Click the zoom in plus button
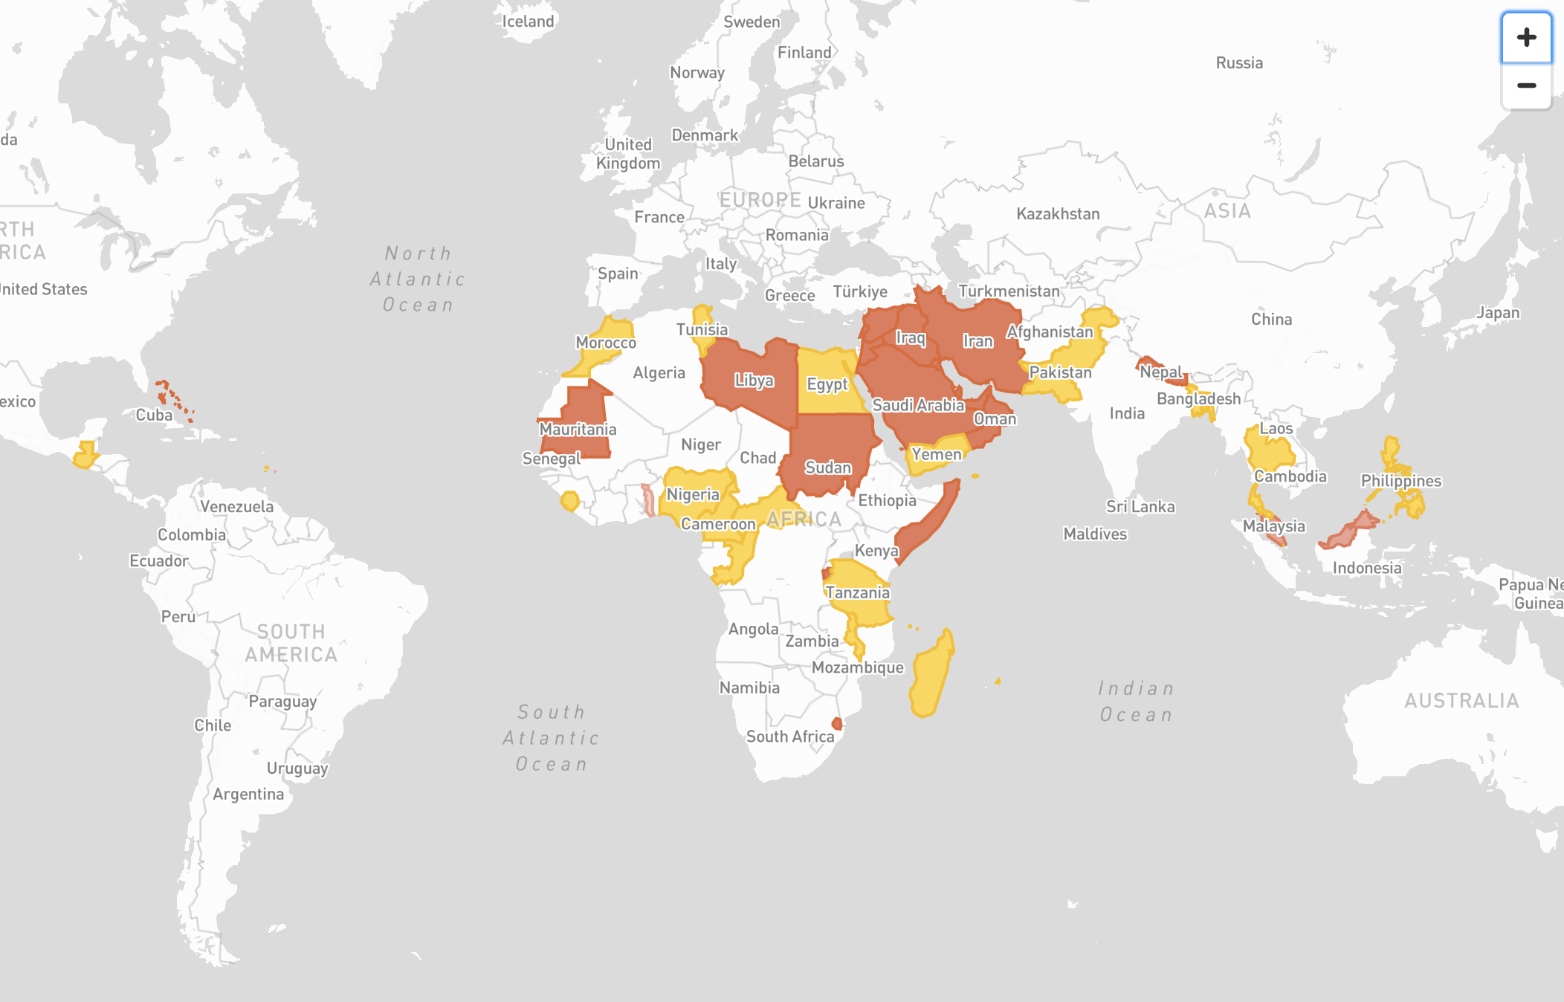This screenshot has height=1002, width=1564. pos(1526,38)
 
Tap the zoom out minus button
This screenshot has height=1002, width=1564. pos(1526,86)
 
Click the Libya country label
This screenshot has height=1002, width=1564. pos(754,381)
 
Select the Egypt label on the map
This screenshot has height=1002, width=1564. pos(827,384)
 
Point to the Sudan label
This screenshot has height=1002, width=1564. pos(828,468)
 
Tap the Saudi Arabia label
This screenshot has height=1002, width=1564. pos(918,405)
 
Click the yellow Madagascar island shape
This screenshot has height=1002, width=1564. pos(929,676)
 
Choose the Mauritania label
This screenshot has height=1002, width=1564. pos(578,429)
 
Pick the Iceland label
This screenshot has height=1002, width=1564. pos(528,22)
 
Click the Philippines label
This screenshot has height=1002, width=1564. pos(1400,481)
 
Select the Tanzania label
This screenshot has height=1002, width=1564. pos(857,592)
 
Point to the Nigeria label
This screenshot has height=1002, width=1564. pos(693,495)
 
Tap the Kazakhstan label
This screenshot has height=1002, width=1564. pos(1058,214)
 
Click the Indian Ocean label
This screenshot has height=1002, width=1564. pos(1136,702)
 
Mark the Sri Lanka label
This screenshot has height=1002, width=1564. pos(1140,507)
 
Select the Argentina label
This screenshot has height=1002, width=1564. pos(248,794)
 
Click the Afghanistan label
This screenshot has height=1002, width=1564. pos(1050,332)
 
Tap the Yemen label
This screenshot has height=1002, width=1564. pos(936,454)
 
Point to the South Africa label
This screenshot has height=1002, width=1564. pos(790,737)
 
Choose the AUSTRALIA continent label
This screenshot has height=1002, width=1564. pos(1461,701)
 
